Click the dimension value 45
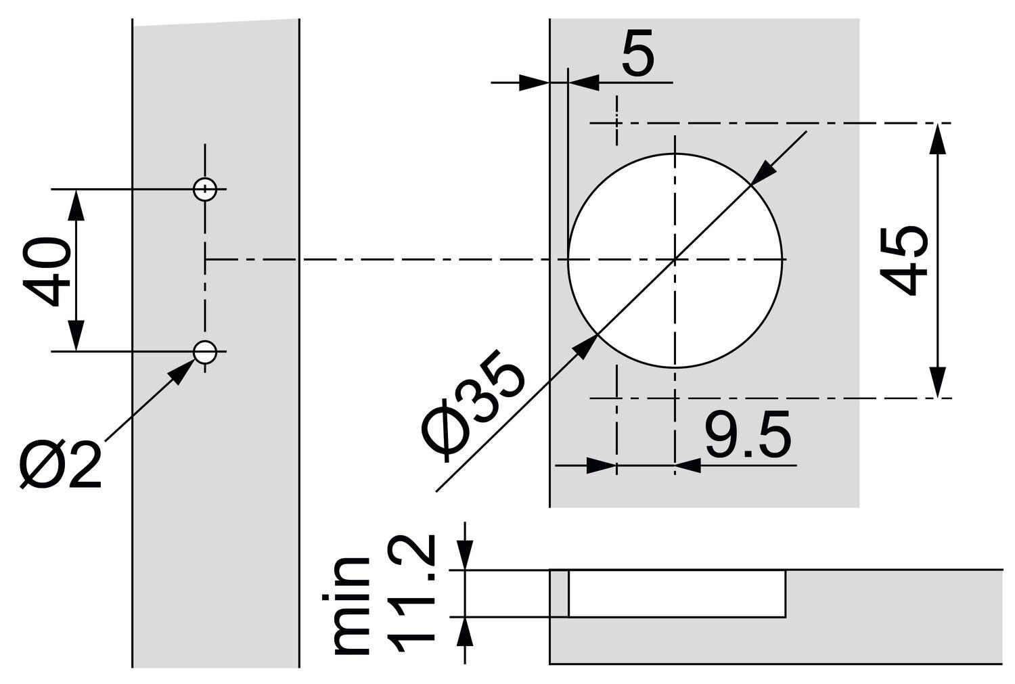pyautogui.click(x=905, y=260)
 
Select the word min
pyautogui.click(x=352, y=606)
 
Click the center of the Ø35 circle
pyautogui.click(x=675, y=259)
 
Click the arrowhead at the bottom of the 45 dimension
pyautogui.click(x=937, y=383)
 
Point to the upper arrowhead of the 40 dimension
pyautogui.click(x=76, y=203)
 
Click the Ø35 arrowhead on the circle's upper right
pyautogui.click(x=763, y=173)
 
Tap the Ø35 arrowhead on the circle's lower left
pyautogui.click(x=585, y=346)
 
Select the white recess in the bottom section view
pyautogui.click(x=677, y=593)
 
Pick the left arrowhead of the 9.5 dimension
pyautogui.click(x=602, y=465)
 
